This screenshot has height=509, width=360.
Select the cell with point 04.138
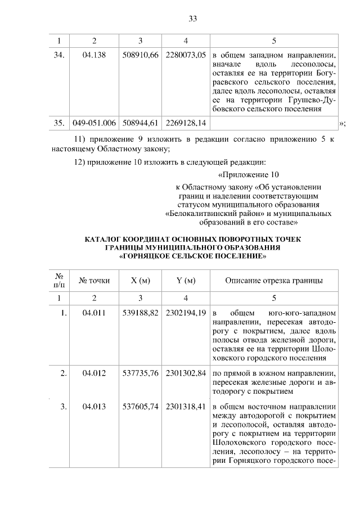(94, 55)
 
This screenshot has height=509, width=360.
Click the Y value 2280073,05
(186, 55)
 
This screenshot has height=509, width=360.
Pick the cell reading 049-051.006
(94, 122)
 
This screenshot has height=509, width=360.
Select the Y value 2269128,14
(186, 122)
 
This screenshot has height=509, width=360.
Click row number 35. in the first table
(60, 122)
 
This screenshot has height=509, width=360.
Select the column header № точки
(94, 280)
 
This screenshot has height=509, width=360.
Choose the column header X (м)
(140, 280)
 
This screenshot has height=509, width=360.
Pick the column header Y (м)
(186, 280)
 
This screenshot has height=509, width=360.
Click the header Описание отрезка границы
(274, 280)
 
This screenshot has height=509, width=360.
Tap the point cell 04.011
(94, 313)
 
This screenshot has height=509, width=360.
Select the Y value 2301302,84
(186, 373)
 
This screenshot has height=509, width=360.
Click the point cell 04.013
(94, 407)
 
